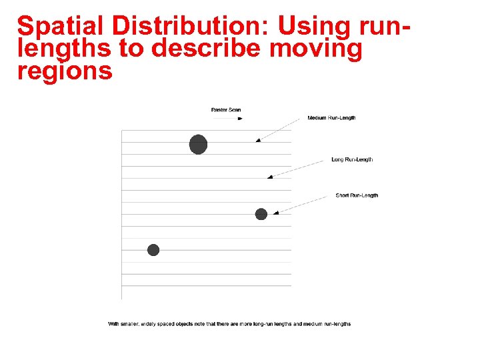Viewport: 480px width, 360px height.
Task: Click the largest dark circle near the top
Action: tap(198, 144)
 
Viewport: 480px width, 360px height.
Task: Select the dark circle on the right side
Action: tap(261, 214)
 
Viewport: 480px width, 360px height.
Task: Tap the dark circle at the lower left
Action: tap(153, 250)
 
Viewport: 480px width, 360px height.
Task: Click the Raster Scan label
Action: tap(226, 110)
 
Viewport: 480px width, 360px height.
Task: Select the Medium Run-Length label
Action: tap(331, 118)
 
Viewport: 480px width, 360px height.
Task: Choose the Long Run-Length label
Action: tap(352, 159)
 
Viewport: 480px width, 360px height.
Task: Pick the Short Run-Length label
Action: tap(357, 195)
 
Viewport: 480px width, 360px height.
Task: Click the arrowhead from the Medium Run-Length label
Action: tap(258, 140)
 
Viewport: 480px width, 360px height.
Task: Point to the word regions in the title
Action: tap(65, 71)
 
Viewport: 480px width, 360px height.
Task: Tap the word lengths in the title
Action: tap(60, 49)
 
